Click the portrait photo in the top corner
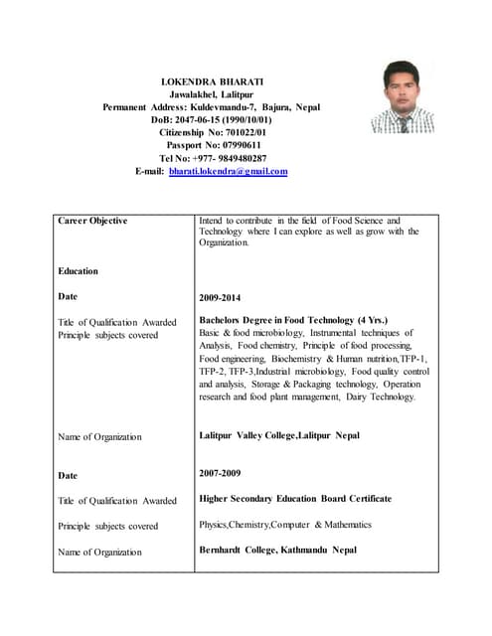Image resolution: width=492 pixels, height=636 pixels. click(x=403, y=96)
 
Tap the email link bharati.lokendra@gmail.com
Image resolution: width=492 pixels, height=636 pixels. click(x=228, y=171)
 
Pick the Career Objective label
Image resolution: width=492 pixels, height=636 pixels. click(x=92, y=221)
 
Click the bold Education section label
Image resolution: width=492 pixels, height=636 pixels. click(x=78, y=270)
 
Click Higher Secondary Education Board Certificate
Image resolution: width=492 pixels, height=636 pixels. click(x=295, y=499)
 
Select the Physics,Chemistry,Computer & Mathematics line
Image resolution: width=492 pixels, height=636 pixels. click(x=285, y=524)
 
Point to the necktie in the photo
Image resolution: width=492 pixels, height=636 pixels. click(x=405, y=124)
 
